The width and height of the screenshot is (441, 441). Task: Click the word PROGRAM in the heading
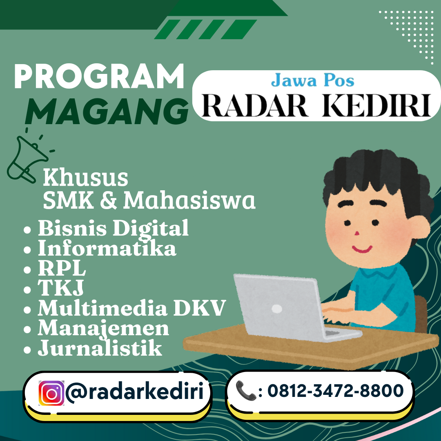point(99,78)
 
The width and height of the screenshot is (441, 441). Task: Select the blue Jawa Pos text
point(313,80)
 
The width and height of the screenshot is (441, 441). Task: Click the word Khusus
point(85,178)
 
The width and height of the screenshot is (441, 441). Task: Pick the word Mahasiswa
point(189,200)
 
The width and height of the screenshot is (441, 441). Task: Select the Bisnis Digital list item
point(113,228)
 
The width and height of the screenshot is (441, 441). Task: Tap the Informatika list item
point(107,248)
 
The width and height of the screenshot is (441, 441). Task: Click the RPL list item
point(62,268)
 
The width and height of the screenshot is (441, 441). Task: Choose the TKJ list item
point(61,288)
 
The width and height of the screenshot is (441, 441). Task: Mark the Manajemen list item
point(103,328)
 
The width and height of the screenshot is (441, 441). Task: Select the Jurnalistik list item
point(100,349)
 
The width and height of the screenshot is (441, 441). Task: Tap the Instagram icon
point(51,393)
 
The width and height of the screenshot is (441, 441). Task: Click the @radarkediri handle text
point(135,392)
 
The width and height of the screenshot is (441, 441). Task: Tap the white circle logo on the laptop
point(277,309)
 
